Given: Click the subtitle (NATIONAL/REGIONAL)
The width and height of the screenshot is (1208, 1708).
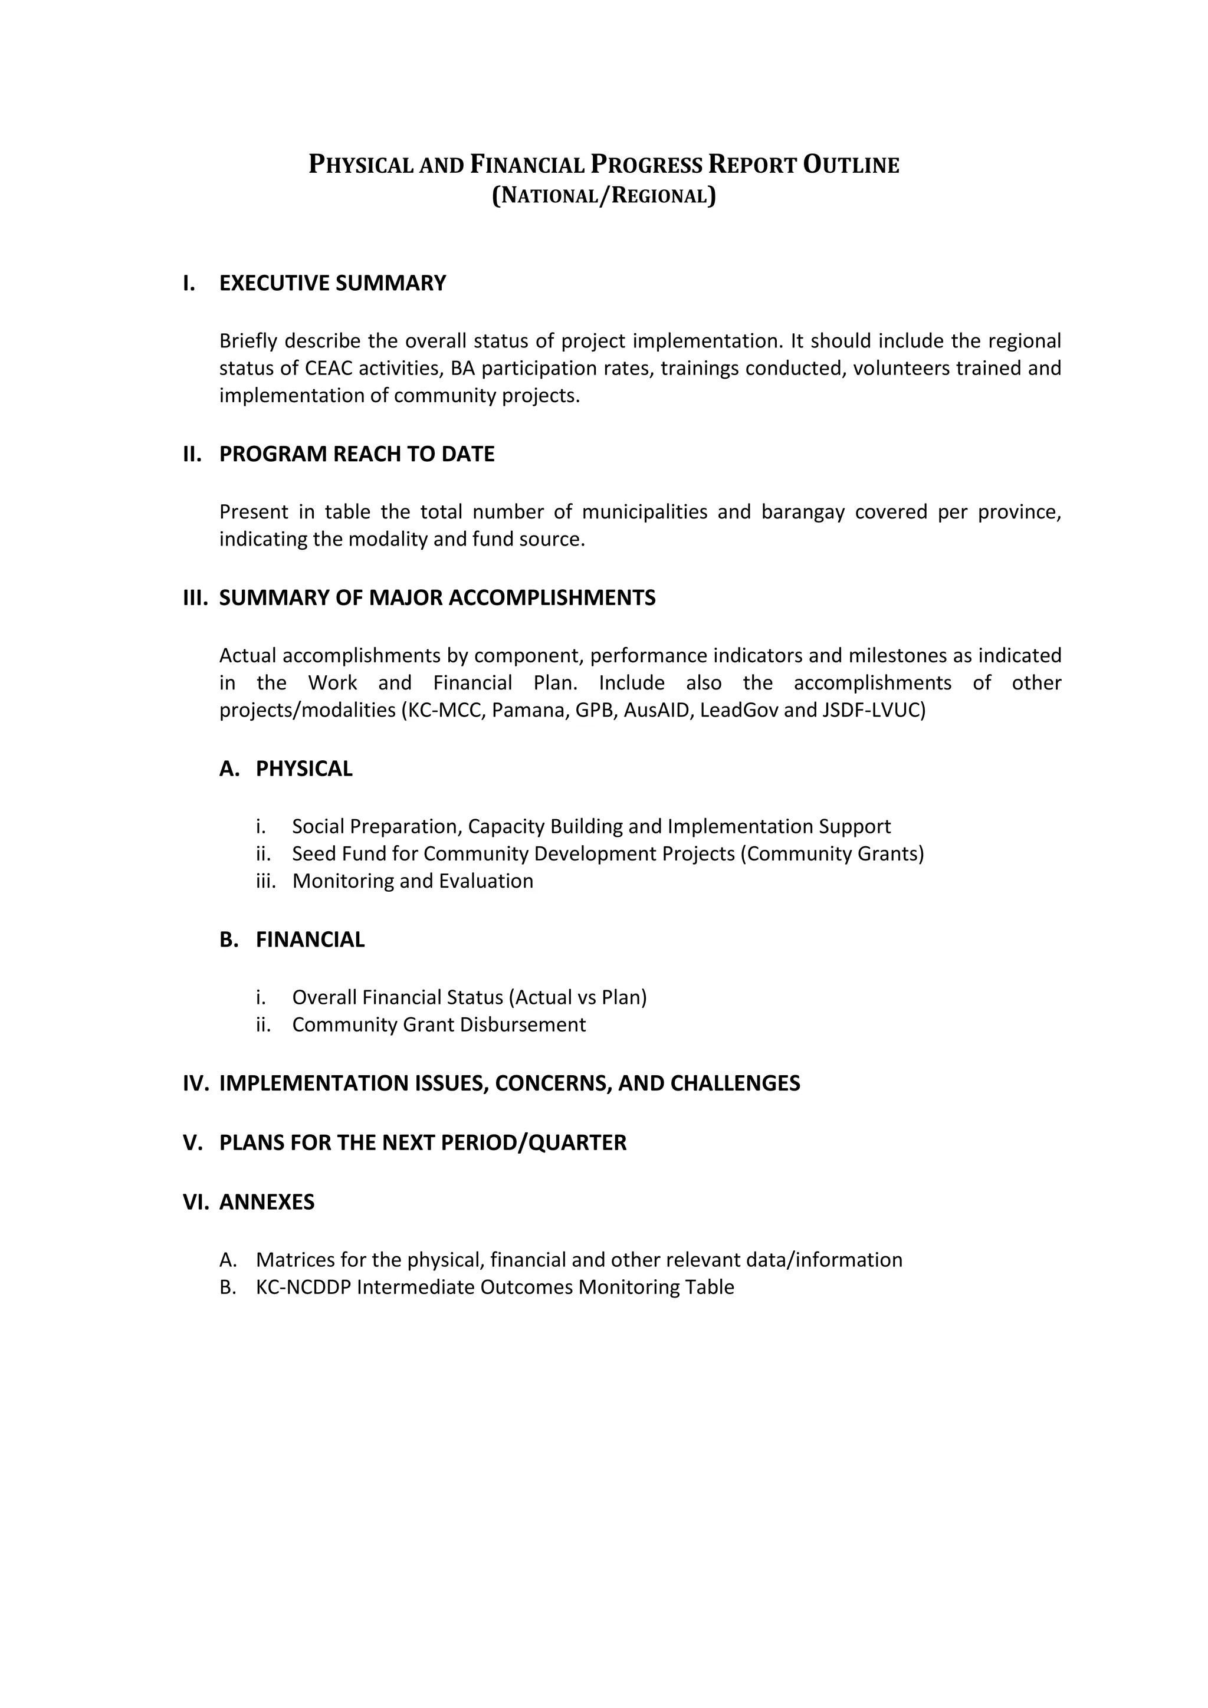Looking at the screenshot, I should tap(603, 196).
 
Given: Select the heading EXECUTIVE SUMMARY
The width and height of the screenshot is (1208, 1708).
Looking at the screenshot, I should tap(333, 284).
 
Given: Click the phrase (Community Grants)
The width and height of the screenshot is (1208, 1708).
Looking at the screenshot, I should tap(832, 853).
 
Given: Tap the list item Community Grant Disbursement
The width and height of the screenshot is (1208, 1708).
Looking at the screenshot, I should tap(439, 1024).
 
